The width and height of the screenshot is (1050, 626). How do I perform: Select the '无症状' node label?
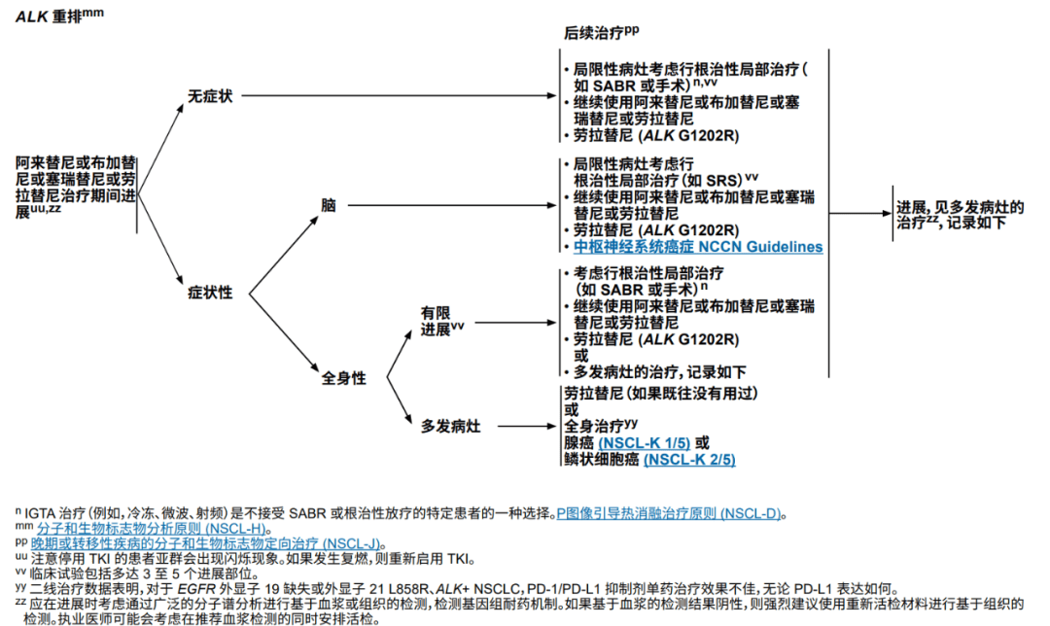click(210, 96)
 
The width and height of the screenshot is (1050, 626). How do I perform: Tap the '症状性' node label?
click(210, 293)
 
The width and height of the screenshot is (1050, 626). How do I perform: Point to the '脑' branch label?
click(329, 205)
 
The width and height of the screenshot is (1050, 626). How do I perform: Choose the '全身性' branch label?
click(343, 378)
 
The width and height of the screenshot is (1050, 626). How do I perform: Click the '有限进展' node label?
click(441, 322)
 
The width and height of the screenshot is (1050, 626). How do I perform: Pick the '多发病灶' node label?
click(450, 426)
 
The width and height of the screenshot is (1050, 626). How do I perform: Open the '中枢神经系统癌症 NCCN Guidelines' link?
click(698, 247)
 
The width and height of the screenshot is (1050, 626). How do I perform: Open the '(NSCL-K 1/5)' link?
click(645, 443)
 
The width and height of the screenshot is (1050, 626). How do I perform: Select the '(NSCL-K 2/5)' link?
click(689, 460)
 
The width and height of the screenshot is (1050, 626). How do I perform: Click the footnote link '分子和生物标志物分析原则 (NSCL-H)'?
click(152, 529)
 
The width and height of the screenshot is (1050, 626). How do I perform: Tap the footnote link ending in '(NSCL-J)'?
click(205, 543)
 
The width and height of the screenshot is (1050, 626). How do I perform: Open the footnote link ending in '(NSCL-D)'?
click(668, 514)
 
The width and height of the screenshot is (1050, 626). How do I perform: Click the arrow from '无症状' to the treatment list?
click(400, 95)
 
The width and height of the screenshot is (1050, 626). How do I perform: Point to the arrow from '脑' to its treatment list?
click(452, 205)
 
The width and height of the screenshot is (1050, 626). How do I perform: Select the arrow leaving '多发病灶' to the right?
click(528, 426)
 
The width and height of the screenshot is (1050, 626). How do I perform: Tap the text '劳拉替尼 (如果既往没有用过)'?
click(660, 394)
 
